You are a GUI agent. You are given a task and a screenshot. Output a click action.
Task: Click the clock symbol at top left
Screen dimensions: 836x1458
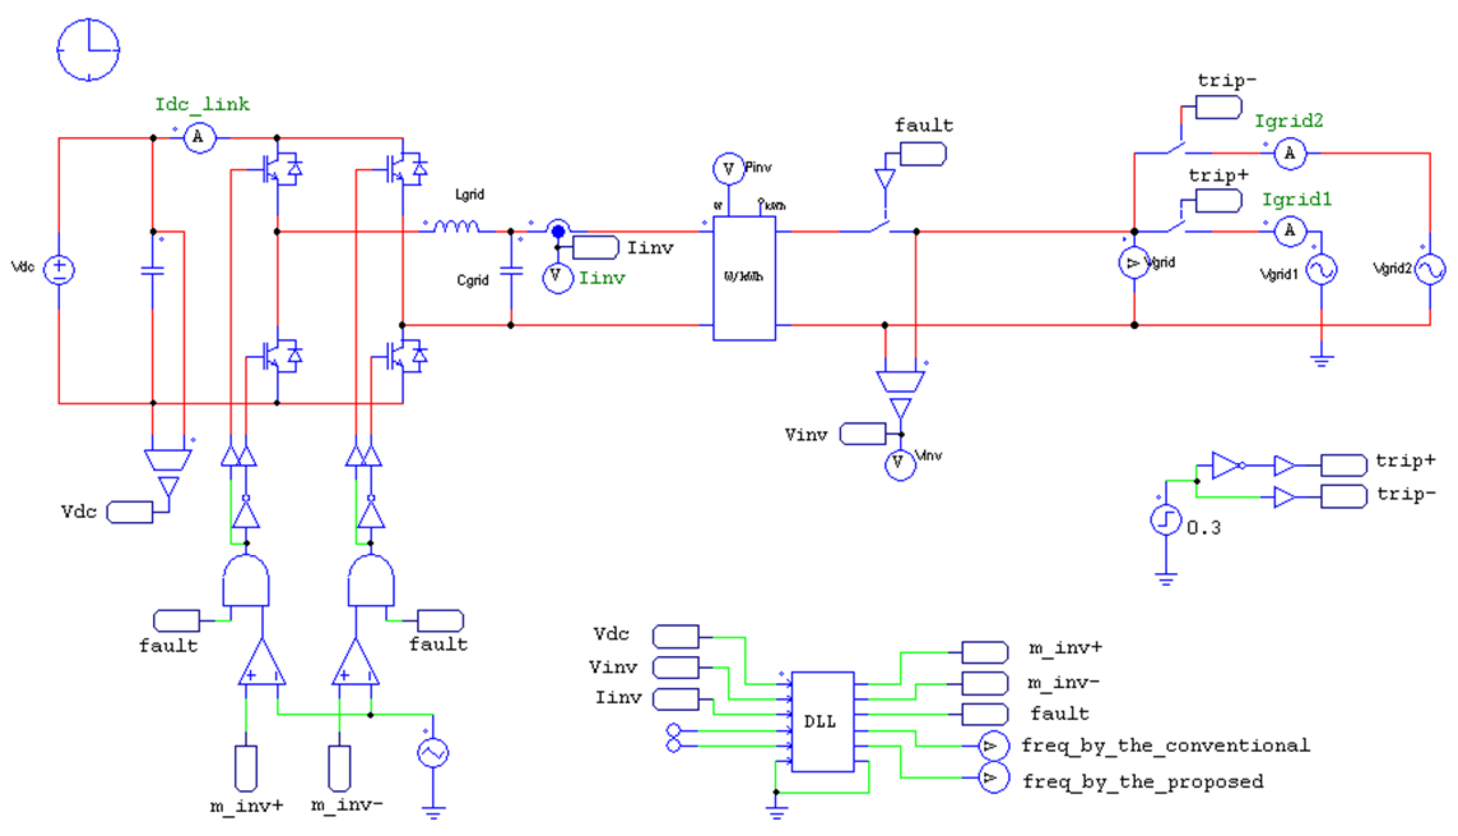(x=88, y=49)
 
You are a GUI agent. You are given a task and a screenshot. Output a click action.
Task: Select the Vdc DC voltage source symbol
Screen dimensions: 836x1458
(x=59, y=269)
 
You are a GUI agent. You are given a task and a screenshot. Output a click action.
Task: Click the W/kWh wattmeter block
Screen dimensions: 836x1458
(x=743, y=278)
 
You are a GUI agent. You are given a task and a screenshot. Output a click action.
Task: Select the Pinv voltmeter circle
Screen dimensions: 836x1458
(x=728, y=169)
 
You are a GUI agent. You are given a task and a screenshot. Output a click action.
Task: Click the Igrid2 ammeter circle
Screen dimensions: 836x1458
(x=1289, y=153)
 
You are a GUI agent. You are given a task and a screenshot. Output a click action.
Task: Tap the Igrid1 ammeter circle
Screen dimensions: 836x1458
(x=1289, y=231)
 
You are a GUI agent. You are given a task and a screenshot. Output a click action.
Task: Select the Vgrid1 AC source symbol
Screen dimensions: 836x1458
(x=1321, y=269)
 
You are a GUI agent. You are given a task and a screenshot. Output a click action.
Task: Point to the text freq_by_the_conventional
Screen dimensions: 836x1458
(x=1165, y=745)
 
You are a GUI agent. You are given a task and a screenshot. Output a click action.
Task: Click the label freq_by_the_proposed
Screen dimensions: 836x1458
(x=1143, y=781)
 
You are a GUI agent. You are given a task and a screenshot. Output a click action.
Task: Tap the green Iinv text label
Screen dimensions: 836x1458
(x=601, y=278)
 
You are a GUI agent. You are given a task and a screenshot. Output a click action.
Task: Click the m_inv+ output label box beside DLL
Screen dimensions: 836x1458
(x=984, y=652)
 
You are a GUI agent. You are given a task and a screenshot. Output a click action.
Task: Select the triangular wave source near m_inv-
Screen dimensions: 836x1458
(x=433, y=753)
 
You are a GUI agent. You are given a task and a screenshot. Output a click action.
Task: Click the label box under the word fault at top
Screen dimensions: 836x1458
(x=922, y=154)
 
